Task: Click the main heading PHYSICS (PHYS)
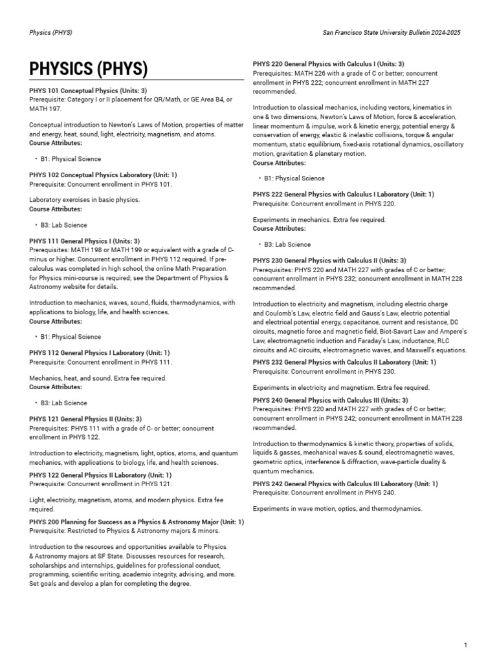click(x=89, y=69)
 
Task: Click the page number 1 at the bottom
click(x=465, y=645)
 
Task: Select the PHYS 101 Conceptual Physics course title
click(x=88, y=91)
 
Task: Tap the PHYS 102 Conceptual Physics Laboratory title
click(x=103, y=175)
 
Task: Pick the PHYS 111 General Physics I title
click(x=84, y=241)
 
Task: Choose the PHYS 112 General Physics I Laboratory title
click(x=100, y=353)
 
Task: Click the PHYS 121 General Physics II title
click(x=85, y=419)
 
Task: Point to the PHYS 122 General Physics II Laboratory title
click(x=100, y=475)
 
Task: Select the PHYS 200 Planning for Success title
click(x=137, y=522)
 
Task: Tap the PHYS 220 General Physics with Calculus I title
click(x=329, y=64)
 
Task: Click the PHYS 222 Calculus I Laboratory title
click(x=344, y=195)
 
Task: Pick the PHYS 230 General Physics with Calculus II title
click(x=329, y=261)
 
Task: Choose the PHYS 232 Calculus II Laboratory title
click(x=345, y=363)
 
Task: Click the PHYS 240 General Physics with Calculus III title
click(x=330, y=400)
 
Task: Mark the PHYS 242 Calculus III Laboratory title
click(x=346, y=484)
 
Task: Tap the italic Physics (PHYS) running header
click(x=50, y=33)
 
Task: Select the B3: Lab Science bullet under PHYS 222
click(x=287, y=244)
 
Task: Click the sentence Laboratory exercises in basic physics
click(x=84, y=200)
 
